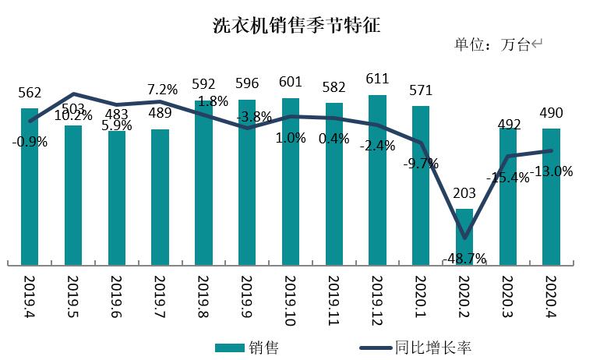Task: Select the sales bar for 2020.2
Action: pos(464,235)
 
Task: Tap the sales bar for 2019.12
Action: pos(377,179)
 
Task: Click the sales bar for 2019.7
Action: pos(160,196)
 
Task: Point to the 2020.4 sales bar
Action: pos(551,196)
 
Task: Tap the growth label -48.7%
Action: pos(464,258)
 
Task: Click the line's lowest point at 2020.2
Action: pos(464,238)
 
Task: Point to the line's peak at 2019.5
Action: pos(73,94)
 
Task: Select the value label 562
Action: pos(30,94)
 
